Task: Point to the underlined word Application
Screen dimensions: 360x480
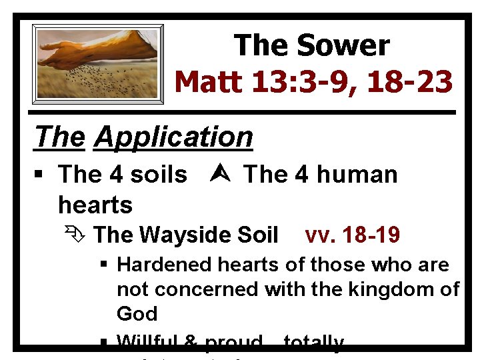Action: (174, 137)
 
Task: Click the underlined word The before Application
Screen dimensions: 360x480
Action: (61, 137)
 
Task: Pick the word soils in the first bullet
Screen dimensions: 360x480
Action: (159, 175)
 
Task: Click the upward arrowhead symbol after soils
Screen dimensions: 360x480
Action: (215, 175)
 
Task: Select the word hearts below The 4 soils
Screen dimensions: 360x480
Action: (95, 204)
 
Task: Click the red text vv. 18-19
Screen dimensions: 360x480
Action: (352, 235)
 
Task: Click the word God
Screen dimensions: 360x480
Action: (137, 313)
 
